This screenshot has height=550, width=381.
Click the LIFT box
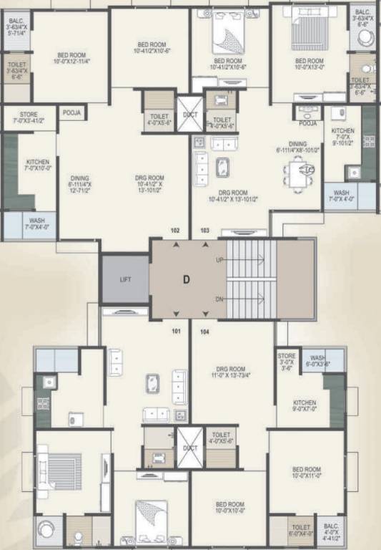point(124,279)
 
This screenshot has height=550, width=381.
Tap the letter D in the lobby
point(186,280)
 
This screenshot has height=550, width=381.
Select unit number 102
point(175,231)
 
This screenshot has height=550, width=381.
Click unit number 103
point(204,231)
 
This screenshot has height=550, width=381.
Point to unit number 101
point(175,332)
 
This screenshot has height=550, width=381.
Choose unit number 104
point(204,332)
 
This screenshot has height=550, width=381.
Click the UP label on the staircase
point(219,261)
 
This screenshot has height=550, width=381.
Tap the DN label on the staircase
point(219,300)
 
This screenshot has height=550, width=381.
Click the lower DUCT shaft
point(189,448)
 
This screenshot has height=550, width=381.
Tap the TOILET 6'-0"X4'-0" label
point(302,531)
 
